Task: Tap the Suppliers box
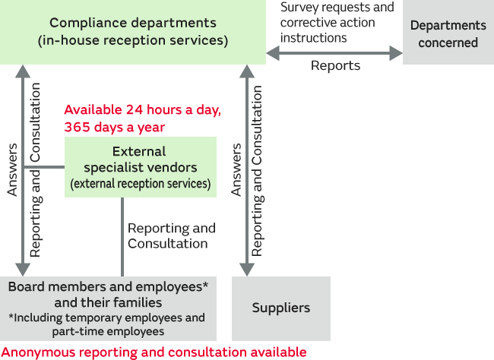coord(280,308)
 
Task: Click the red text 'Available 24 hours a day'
coord(142,110)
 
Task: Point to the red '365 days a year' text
coord(114,127)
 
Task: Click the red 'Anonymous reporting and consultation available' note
coord(154,352)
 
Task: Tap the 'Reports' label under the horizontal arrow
coord(335,66)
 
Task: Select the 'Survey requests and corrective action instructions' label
coord(337,22)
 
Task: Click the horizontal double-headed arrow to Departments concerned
coord(334,52)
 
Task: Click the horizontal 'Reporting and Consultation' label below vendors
coord(171,235)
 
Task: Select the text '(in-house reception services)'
coord(132,41)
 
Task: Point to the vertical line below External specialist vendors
coord(122,235)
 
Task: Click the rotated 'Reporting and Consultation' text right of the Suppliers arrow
coord(258,171)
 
